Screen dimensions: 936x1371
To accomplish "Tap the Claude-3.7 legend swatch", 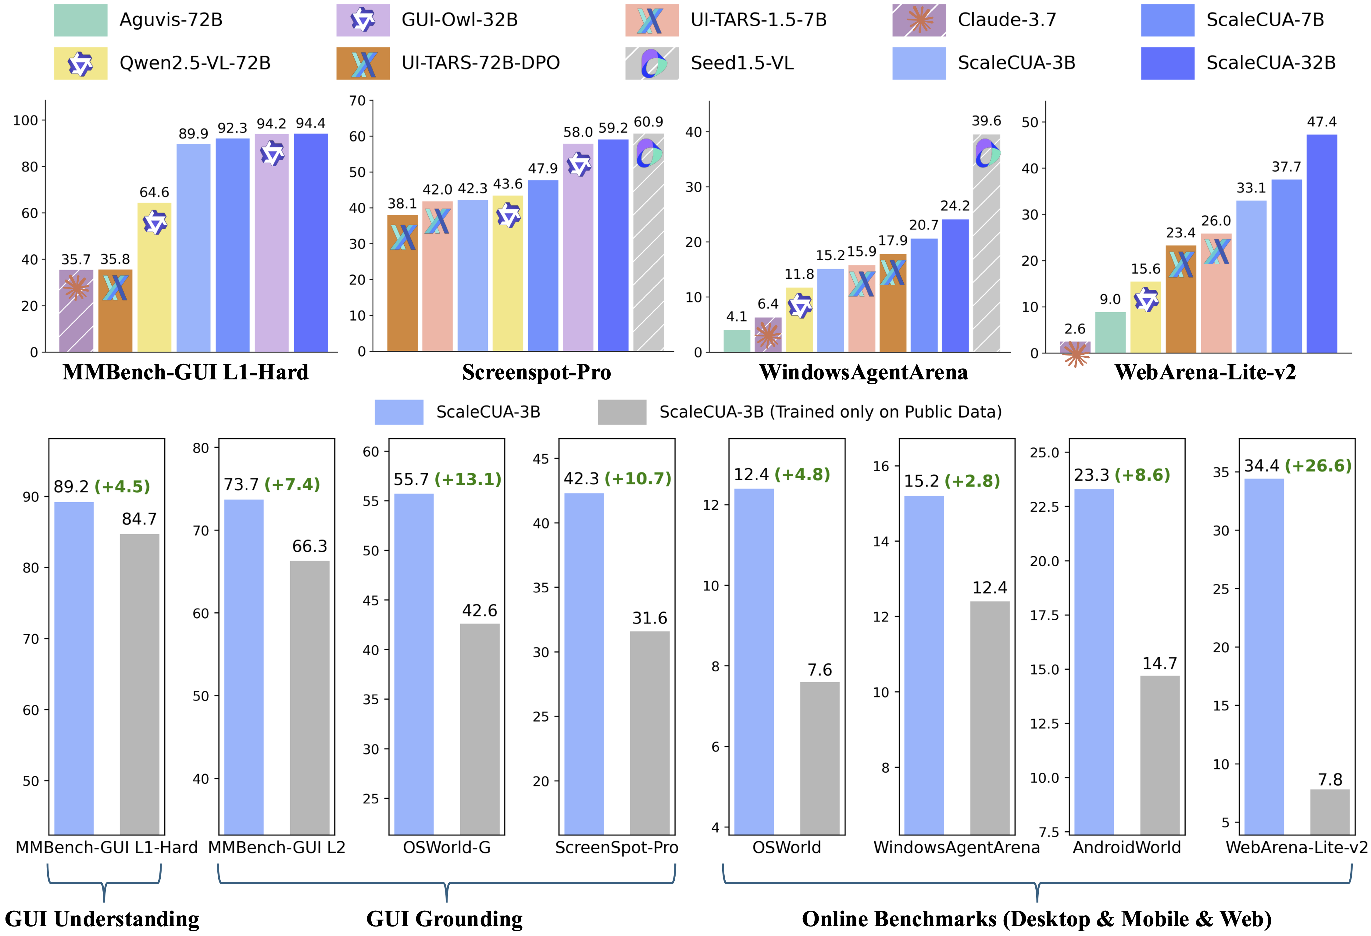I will (x=919, y=20).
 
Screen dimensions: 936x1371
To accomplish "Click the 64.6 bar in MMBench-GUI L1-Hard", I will (x=155, y=277).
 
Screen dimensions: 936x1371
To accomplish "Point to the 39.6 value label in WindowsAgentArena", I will (x=986, y=121).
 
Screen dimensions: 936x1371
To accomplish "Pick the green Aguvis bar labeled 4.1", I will (x=737, y=341).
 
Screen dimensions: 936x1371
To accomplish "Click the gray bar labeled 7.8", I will (x=1330, y=812).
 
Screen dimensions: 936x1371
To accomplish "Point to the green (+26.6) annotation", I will (x=1318, y=466).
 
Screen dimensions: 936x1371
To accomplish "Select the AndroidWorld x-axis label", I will (x=1126, y=848).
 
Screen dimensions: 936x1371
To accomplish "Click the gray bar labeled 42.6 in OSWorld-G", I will (x=480, y=729).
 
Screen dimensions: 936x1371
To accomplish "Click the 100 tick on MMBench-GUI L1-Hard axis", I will (x=25, y=120).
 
